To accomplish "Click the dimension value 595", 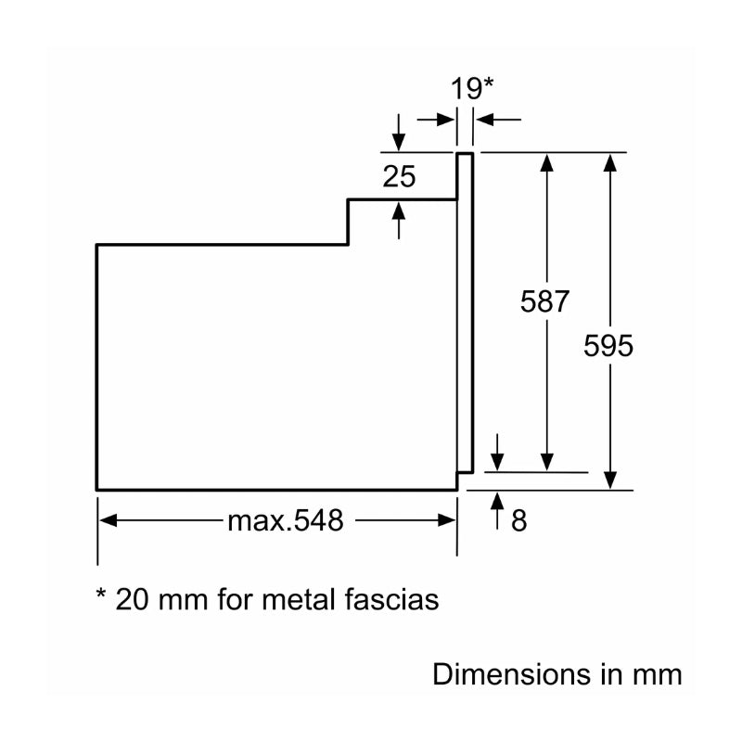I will [x=608, y=346].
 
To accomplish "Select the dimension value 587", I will [x=544, y=301].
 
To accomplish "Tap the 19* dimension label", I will [x=472, y=89].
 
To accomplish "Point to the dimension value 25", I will [x=399, y=175].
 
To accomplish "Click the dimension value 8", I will [x=518, y=521].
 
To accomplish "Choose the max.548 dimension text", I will [x=285, y=521].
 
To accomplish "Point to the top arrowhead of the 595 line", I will [x=609, y=161].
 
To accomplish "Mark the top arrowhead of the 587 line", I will [x=546, y=161].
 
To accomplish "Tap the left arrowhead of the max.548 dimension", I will [x=107, y=521].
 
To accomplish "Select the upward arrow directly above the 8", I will [x=497, y=502].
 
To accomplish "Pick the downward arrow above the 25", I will [x=399, y=141].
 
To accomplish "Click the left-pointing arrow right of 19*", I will [x=484, y=120].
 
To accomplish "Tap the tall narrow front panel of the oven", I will [x=466, y=315].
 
